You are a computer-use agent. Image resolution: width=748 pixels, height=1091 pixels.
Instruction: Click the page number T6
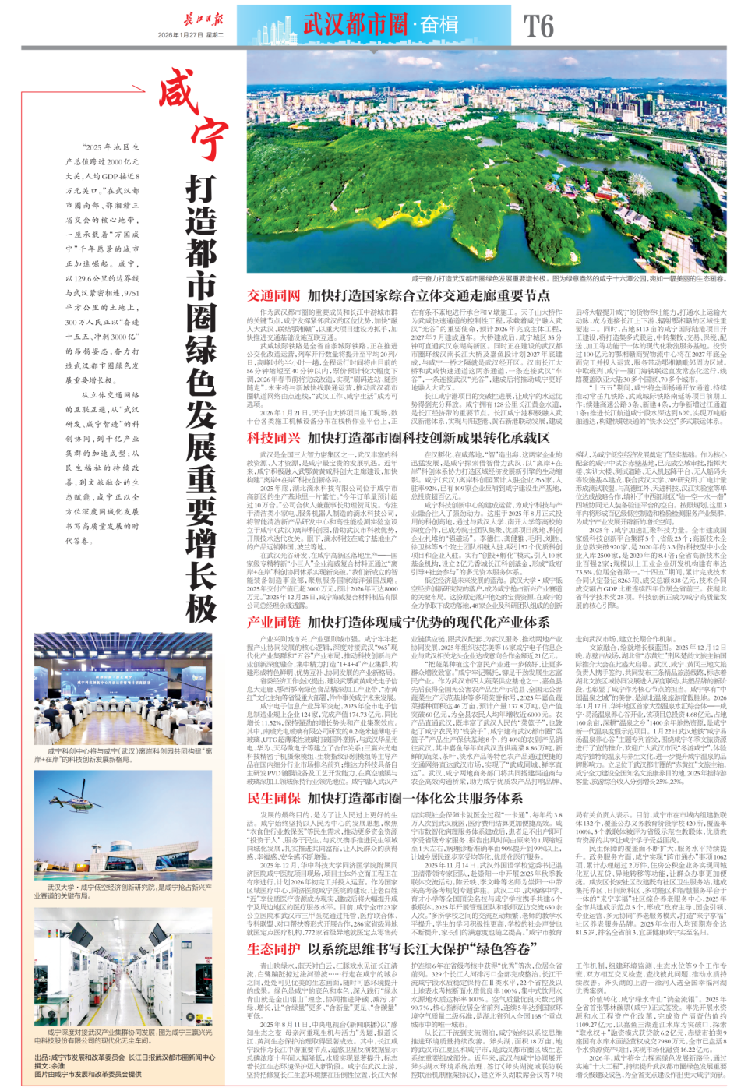pyautogui.click(x=538, y=26)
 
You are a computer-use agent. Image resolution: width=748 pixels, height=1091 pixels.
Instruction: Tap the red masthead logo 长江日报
pyautogui.click(x=203, y=19)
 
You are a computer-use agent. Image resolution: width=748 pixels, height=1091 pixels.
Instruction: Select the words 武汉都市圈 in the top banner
pyautogui.click(x=355, y=24)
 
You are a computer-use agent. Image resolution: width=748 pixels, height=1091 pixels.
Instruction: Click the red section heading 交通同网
pyautogui.click(x=273, y=296)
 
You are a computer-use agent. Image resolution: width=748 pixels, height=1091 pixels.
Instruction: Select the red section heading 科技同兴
pyautogui.click(x=273, y=438)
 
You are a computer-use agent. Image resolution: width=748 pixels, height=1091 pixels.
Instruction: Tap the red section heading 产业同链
pyautogui.click(x=273, y=622)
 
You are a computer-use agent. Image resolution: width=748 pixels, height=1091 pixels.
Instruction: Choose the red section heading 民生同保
pyautogui.click(x=273, y=798)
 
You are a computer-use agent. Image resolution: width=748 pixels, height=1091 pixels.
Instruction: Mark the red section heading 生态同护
pyautogui.click(x=273, y=948)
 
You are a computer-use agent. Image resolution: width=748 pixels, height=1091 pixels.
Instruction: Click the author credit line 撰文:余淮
pyautogui.click(x=50, y=1065)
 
